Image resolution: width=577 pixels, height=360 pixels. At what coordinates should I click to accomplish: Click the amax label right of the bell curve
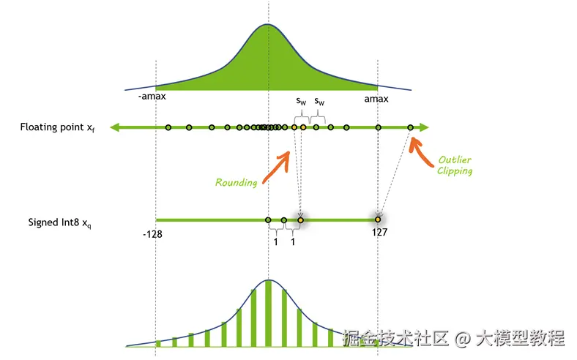click(376, 98)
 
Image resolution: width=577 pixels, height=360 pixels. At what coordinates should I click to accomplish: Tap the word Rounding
click(236, 182)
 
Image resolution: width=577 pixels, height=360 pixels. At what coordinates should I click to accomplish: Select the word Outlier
click(455, 160)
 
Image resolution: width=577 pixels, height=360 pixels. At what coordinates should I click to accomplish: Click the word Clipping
click(455, 171)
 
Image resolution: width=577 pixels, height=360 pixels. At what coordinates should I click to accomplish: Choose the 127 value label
click(379, 233)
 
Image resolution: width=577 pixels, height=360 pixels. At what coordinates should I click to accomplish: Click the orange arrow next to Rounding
click(277, 167)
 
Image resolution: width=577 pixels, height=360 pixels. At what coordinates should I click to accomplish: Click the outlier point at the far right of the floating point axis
click(410, 128)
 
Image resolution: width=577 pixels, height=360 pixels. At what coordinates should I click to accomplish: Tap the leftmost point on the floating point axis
click(168, 128)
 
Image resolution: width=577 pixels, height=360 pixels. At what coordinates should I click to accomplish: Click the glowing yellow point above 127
click(378, 220)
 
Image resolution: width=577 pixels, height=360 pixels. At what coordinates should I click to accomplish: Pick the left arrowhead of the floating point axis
click(113, 128)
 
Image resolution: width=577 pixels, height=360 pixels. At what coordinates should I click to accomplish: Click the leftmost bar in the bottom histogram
click(157, 342)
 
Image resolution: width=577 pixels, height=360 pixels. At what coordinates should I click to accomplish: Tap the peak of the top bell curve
click(268, 25)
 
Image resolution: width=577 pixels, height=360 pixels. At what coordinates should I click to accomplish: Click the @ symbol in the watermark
click(461, 338)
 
